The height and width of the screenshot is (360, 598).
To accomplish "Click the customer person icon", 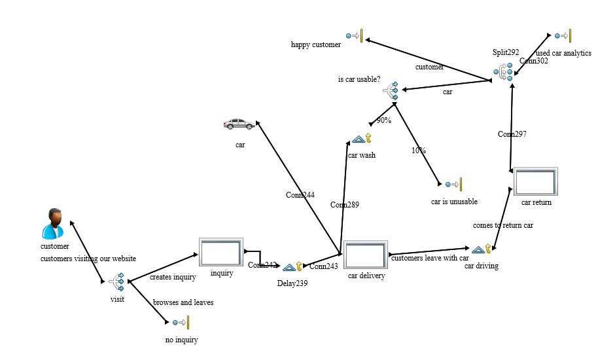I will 53,224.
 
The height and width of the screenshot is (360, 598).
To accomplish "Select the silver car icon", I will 239,124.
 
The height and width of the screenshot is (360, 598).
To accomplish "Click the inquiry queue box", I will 220,252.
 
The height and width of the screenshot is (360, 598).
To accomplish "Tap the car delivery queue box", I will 366,255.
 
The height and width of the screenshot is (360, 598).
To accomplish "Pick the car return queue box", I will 535,181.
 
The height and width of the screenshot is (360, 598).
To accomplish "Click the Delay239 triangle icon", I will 292,266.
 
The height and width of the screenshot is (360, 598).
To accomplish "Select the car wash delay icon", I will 361,139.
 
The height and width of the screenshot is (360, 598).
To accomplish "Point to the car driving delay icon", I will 481,249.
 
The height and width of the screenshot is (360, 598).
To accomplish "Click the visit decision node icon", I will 116,282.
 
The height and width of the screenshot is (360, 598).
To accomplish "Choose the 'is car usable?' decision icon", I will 391,91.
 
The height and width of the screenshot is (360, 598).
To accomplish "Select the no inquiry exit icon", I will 181,322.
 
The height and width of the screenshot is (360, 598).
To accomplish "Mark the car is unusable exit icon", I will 453,185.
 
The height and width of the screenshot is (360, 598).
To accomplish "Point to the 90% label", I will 383,120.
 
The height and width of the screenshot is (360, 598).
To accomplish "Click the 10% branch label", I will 419,151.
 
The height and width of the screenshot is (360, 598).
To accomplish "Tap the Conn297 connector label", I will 512,134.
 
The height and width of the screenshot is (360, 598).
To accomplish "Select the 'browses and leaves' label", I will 183,302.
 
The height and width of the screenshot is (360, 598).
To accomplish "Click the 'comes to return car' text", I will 503,225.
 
